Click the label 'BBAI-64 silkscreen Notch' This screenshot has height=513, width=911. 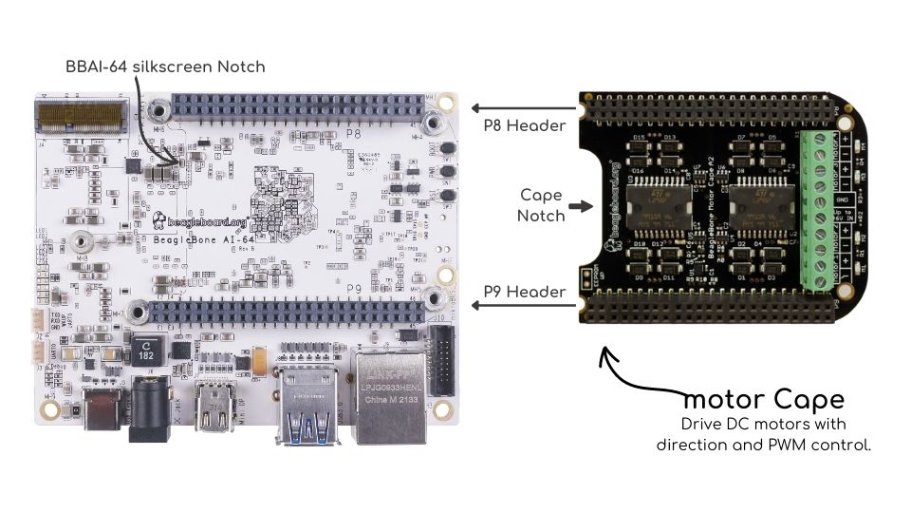coord(164,66)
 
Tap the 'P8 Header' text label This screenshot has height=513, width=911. coord(525,124)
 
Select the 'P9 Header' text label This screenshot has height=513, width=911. coord(525,292)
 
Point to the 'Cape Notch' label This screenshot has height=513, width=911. coord(542,204)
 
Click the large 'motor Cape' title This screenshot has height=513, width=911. coord(763,398)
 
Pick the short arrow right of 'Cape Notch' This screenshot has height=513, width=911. coord(579,204)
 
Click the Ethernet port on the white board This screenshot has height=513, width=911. coord(389,389)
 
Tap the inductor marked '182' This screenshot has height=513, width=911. coord(146,351)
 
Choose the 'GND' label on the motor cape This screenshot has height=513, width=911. coord(842,199)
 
